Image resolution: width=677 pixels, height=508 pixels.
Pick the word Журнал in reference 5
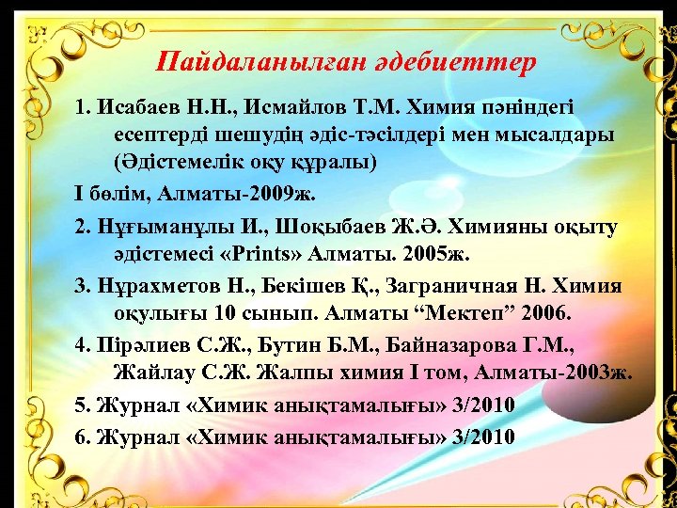pyautogui.click(x=129, y=405)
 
